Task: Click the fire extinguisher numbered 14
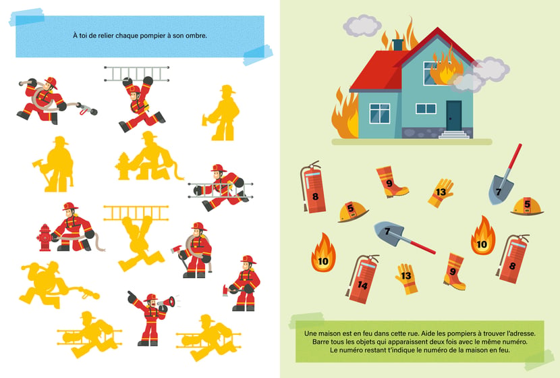pyautogui.click(x=362, y=279)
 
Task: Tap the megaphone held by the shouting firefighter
pyautogui.click(x=167, y=302)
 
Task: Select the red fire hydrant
pyautogui.click(x=45, y=238)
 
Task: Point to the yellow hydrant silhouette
pyautogui.click(x=123, y=166)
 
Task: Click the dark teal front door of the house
pyautogui.click(x=453, y=115)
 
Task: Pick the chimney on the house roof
pyautogui.click(x=398, y=45)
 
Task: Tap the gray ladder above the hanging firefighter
pyautogui.click(x=136, y=74)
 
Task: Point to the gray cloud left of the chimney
pyautogui.click(x=362, y=26)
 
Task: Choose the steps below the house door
pyautogui.click(x=454, y=135)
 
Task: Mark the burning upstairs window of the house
pyautogui.click(x=434, y=72)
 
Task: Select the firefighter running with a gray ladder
pyautogui.click(x=221, y=188)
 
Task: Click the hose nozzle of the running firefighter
pyautogui.click(x=88, y=109)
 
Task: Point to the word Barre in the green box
pyautogui.click(x=321, y=342)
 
